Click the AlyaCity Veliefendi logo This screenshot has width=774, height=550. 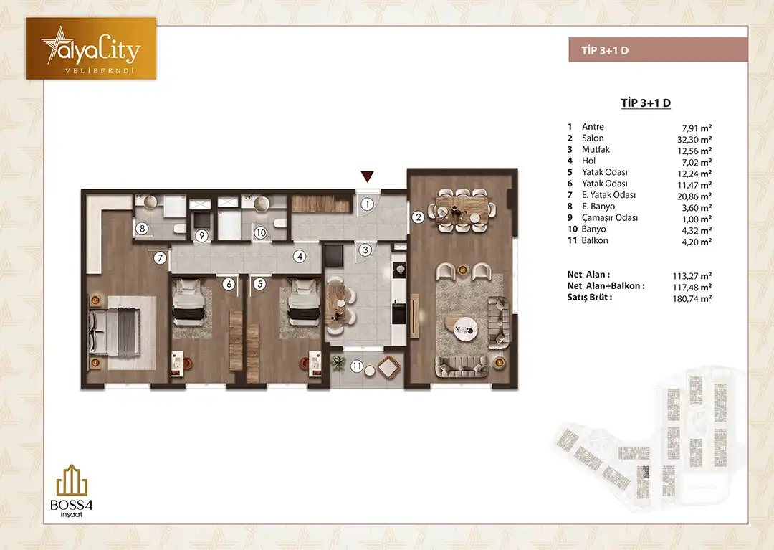pyautogui.click(x=91, y=48)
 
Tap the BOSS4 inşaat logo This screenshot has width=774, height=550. pyautogui.click(x=72, y=490)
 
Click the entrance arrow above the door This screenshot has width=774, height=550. pyautogui.click(x=367, y=176)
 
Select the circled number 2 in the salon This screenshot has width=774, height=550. pyautogui.click(x=418, y=217)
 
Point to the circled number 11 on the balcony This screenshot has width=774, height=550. pyautogui.click(x=357, y=366)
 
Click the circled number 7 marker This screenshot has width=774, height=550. pyautogui.click(x=159, y=257)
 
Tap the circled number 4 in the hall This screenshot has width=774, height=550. pyautogui.click(x=299, y=256)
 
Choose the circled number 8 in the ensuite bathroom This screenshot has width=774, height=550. pyautogui.click(x=142, y=229)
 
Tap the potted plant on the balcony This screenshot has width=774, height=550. pyautogui.click(x=338, y=363)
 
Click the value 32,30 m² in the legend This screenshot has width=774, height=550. pyautogui.click(x=694, y=140)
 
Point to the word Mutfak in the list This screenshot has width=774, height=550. pyautogui.click(x=596, y=149)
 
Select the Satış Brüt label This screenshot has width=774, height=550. pyautogui.click(x=589, y=297)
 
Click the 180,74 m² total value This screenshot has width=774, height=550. pyautogui.click(x=692, y=299)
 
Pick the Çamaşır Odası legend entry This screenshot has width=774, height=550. pyautogui.click(x=610, y=217)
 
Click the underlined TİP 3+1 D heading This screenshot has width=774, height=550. pyautogui.click(x=646, y=103)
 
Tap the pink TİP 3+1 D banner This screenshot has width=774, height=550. pyautogui.click(x=658, y=50)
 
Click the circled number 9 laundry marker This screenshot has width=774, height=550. pyautogui.click(x=201, y=236)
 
